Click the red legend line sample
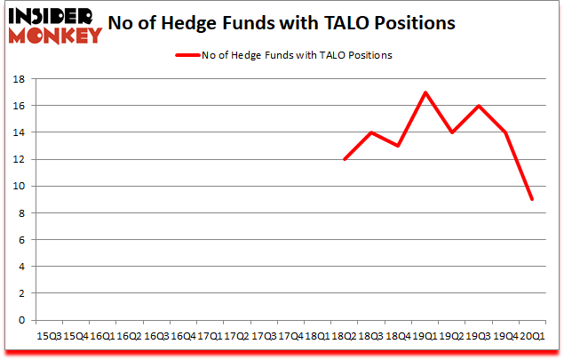pyautogui.click(x=188, y=55)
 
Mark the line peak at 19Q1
pyautogui.click(x=425, y=92)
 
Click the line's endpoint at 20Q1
pyautogui.click(x=532, y=199)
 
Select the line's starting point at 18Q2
pyautogui.click(x=344, y=159)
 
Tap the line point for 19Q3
pyautogui.click(x=479, y=106)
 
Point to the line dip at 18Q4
pyautogui.click(x=398, y=146)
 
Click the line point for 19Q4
pyautogui.click(x=505, y=132)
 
